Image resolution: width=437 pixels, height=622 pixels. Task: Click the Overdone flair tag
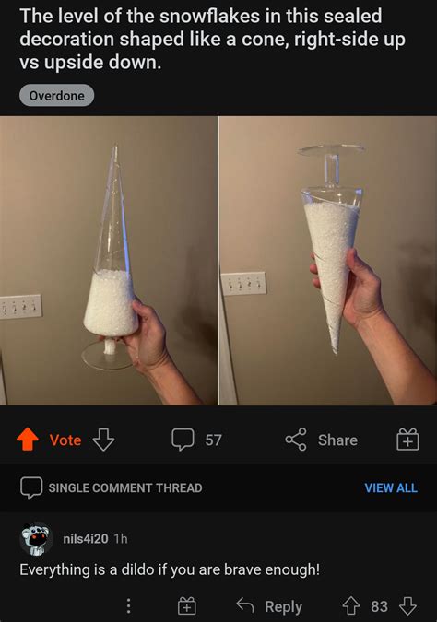[x=56, y=95]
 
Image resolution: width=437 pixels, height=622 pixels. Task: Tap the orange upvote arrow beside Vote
[x=27, y=440]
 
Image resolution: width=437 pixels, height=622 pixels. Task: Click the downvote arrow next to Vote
[x=103, y=440]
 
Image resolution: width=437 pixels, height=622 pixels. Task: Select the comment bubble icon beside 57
[x=183, y=440]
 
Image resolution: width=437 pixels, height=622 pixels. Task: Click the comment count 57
[x=213, y=440]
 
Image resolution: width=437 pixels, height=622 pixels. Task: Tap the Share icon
[x=296, y=440]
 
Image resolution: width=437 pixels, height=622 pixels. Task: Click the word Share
[x=337, y=440]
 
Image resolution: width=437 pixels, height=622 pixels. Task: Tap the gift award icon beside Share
[x=407, y=440]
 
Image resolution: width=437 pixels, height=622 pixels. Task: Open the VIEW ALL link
[x=391, y=487]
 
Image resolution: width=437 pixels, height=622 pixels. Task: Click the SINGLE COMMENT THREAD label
[x=124, y=487]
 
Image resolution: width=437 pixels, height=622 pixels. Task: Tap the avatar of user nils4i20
[x=36, y=539]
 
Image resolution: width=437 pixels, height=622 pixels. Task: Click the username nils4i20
[x=84, y=538]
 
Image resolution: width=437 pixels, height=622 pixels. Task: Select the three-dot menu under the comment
[x=128, y=605]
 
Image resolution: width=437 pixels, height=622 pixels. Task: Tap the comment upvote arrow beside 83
[x=351, y=605]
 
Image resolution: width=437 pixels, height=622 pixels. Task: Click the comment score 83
[x=379, y=605]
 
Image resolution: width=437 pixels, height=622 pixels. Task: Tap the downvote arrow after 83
[x=407, y=605]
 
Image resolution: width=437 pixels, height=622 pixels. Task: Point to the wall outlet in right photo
[x=243, y=283]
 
